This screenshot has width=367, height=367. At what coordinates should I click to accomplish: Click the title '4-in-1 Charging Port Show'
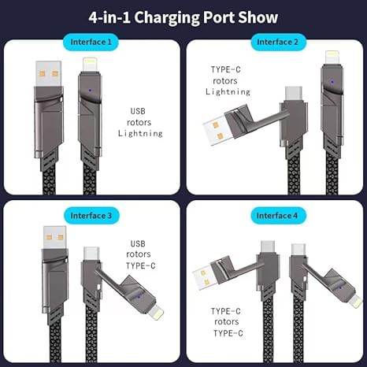click(x=183, y=15)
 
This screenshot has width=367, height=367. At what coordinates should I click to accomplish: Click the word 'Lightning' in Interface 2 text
click(x=228, y=92)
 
